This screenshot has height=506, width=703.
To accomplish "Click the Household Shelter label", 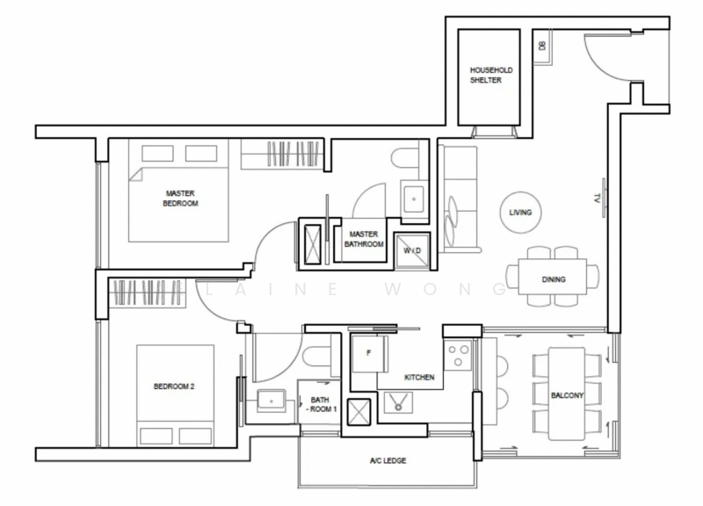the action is [491, 75].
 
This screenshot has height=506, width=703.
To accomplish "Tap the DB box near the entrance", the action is [543, 47].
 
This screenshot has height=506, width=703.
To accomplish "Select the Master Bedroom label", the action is [180, 199].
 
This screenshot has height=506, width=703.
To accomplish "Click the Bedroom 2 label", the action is [174, 387].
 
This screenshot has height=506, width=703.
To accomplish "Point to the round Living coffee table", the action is [520, 213].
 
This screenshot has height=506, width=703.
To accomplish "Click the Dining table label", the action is [554, 279].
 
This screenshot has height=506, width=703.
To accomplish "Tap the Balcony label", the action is [567, 395].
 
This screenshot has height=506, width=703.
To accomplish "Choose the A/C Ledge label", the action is [388, 460].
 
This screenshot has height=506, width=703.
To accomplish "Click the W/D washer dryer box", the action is [412, 250].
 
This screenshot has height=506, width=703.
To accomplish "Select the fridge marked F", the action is [369, 354].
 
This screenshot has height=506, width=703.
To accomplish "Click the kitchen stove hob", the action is [458, 355].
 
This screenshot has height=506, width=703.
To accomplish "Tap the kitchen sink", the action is [398, 402].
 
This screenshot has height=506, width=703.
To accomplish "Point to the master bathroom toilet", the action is [405, 158].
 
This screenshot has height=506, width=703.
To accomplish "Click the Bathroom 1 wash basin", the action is [272, 401].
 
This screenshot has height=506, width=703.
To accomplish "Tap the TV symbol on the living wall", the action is [601, 198].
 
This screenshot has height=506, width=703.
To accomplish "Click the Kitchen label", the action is [419, 378].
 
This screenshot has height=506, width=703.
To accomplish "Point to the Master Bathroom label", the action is [364, 239].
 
